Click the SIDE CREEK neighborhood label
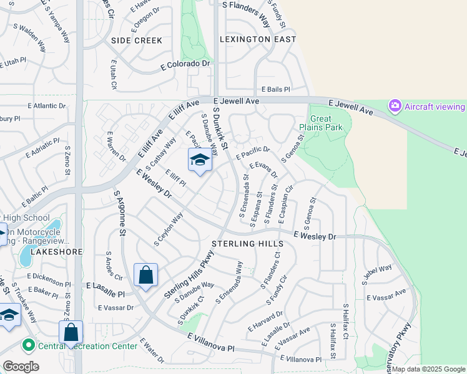coord(136,41)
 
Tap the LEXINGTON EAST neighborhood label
coord(258,39)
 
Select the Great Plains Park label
coord(321,123)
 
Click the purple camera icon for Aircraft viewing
coord(395,106)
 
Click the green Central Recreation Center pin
coord(28,345)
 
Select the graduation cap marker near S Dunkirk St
coord(200,161)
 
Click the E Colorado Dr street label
coord(187,64)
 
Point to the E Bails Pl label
coord(275,90)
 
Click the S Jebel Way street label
coord(377,275)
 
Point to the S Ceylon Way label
coord(169,229)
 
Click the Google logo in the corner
coord(21,367)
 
